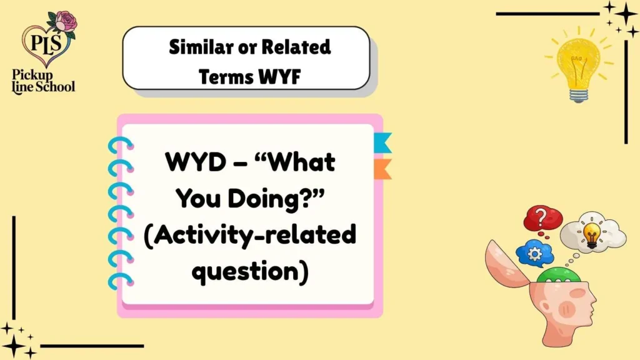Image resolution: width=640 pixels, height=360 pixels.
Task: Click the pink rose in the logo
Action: (65, 22)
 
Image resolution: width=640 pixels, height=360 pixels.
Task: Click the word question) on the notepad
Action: (250, 272)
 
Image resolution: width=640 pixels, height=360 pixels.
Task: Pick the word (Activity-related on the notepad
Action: (250, 236)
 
